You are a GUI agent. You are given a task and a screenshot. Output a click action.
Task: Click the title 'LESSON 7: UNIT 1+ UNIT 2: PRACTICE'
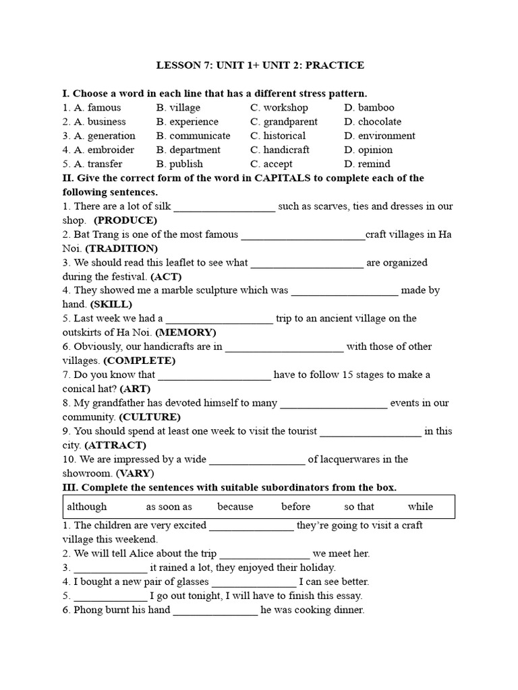point(260,65)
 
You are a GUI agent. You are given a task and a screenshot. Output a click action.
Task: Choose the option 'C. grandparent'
point(283,122)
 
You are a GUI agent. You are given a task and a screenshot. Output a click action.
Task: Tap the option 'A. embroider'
point(98,150)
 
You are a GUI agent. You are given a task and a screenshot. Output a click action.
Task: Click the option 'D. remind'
point(367,164)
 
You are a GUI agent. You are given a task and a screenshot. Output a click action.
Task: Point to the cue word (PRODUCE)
point(125,220)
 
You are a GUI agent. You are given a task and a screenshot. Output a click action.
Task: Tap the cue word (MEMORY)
point(185,333)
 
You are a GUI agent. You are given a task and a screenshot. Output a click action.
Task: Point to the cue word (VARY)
point(135,474)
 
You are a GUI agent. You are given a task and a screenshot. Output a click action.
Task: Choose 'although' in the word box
point(87,507)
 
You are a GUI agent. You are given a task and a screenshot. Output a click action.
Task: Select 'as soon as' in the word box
point(169,507)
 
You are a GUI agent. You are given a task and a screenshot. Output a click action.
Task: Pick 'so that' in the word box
point(359,507)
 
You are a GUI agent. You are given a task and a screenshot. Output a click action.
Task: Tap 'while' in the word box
point(420,507)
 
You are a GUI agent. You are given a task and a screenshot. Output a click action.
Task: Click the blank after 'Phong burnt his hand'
point(215,611)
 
